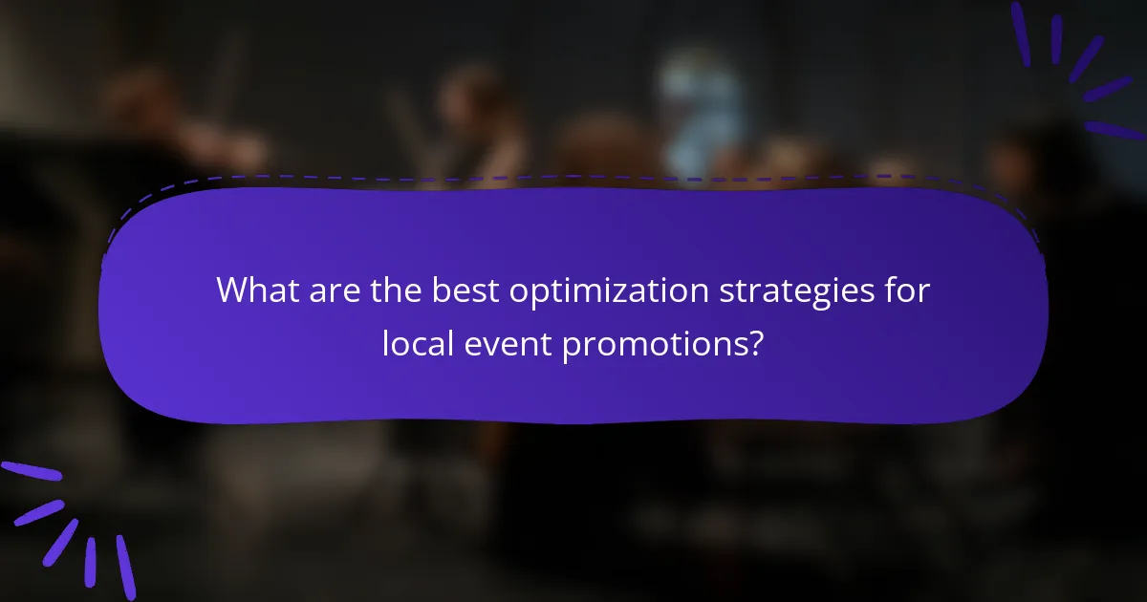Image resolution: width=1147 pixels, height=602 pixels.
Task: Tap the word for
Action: click(x=908, y=290)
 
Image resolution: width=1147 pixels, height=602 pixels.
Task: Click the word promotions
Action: click(x=653, y=344)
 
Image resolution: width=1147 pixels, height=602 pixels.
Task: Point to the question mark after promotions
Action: click(x=755, y=342)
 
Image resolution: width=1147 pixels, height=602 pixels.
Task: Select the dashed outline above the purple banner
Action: click(x=573, y=177)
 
